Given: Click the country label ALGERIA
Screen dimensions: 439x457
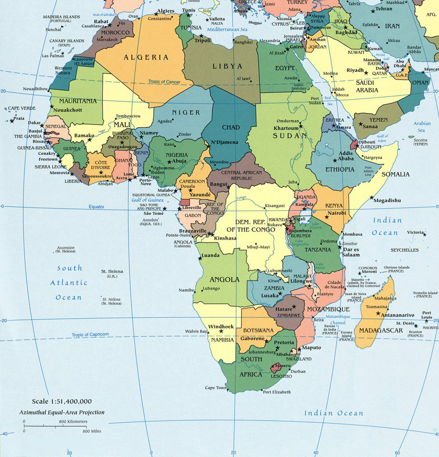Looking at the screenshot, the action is (x=140, y=57).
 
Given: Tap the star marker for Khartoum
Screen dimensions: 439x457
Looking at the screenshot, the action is (x=301, y=127).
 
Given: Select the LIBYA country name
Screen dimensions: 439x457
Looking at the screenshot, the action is (x=227, y=66).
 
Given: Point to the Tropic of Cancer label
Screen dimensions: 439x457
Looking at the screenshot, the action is (x=164, y=82).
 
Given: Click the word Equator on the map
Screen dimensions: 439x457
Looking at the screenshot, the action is (x=97, y=206).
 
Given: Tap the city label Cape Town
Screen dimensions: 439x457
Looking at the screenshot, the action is (x=216, y=388).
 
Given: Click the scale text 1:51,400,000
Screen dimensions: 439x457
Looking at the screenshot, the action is (x=62, y=401).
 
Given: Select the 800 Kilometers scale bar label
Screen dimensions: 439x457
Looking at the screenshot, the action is (x=73, y=421).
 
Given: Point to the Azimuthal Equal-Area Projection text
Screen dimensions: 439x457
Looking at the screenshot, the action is (x=62, y=412).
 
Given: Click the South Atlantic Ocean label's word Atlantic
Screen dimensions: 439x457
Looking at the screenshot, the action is (x=69, y=283).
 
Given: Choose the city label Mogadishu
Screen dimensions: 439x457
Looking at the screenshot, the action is (x=387, y=200).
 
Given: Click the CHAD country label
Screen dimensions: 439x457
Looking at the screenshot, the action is (x=231, y=128).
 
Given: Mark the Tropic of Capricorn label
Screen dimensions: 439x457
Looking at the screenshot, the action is (x=90, y=335).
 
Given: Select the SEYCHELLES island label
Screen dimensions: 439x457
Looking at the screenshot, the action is (x=404, y=250).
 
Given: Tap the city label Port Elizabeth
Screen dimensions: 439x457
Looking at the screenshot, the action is (x=277, y=392).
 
